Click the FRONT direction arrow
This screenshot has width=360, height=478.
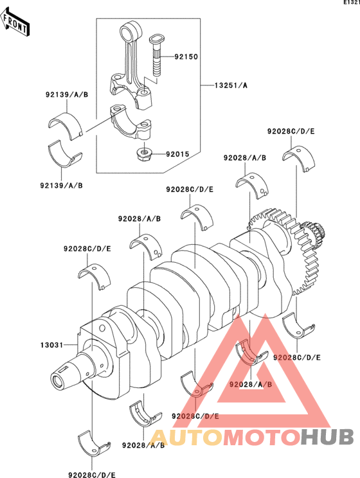pos(15,22)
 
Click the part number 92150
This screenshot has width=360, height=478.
pos(186,57)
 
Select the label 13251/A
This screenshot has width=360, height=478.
pos(231,85)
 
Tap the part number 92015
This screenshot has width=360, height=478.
pos(177,154)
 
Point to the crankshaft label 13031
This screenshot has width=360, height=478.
pos(51,345)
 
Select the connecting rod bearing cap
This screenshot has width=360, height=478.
pos(131,123)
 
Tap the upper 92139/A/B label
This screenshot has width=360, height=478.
pos(67,95)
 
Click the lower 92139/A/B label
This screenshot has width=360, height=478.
pos(61,185)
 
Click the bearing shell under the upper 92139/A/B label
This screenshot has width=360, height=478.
pos(66,125)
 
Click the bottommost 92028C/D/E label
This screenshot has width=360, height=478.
pos(92,474)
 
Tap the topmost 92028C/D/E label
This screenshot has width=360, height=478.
pos(291,132)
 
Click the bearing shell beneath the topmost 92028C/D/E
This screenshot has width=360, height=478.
pos(299,159)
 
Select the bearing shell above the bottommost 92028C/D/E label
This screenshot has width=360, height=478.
pos(94,443)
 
